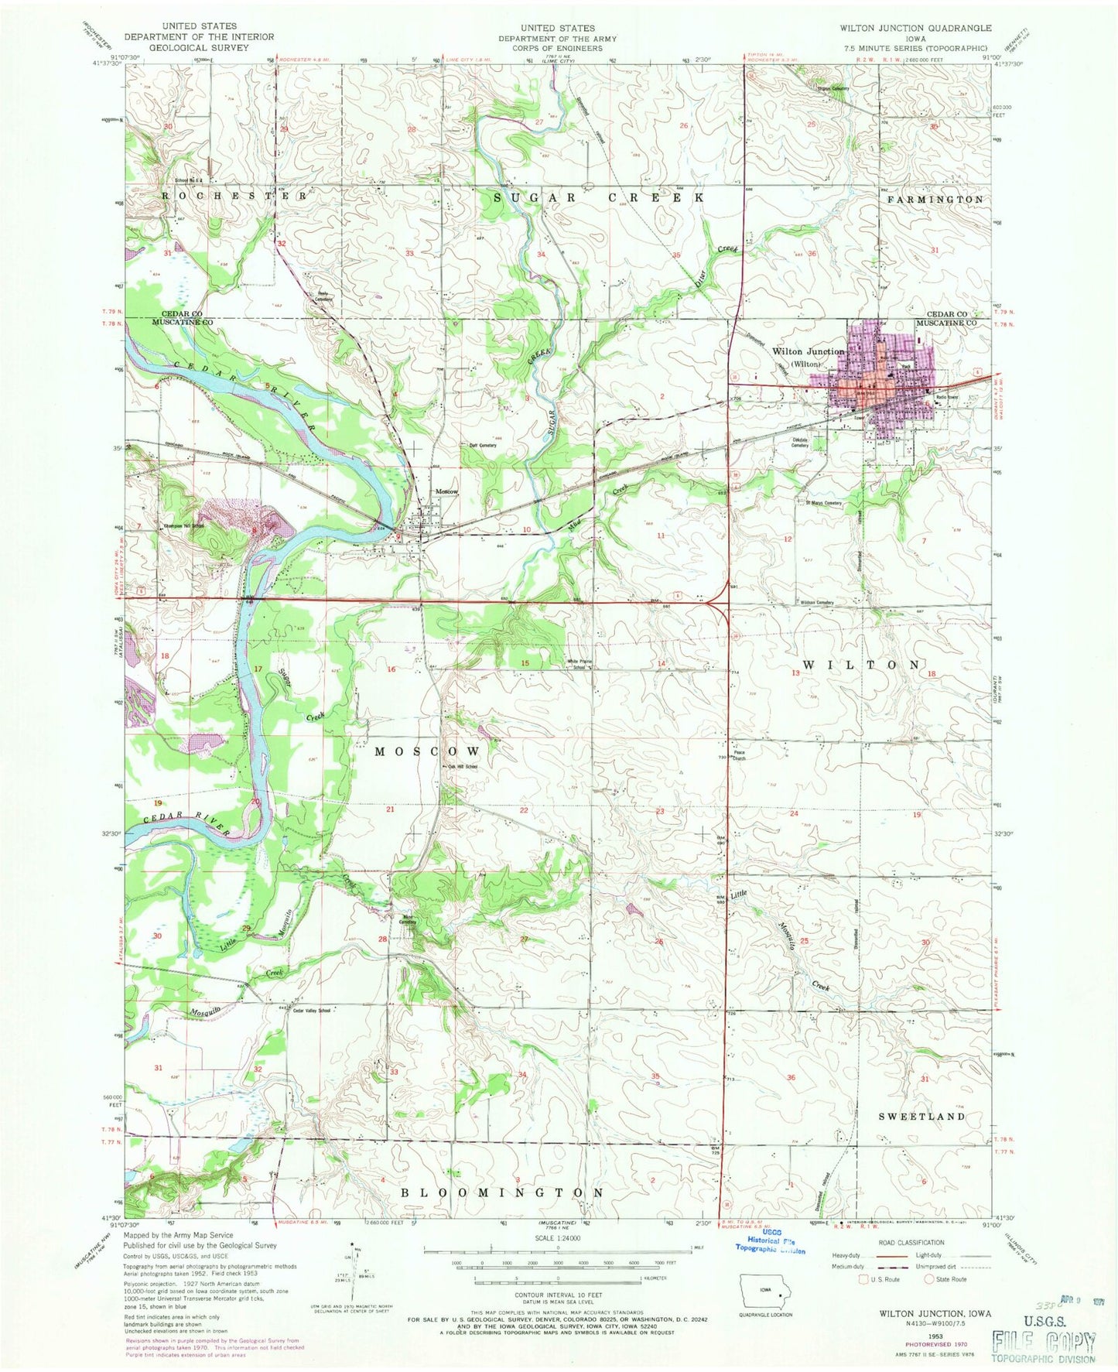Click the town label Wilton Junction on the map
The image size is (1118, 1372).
[808, 351]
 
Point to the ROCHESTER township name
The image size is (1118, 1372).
[234, 197]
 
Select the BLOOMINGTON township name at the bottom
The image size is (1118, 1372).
[502, 1192]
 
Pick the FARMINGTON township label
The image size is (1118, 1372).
[935, 200]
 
